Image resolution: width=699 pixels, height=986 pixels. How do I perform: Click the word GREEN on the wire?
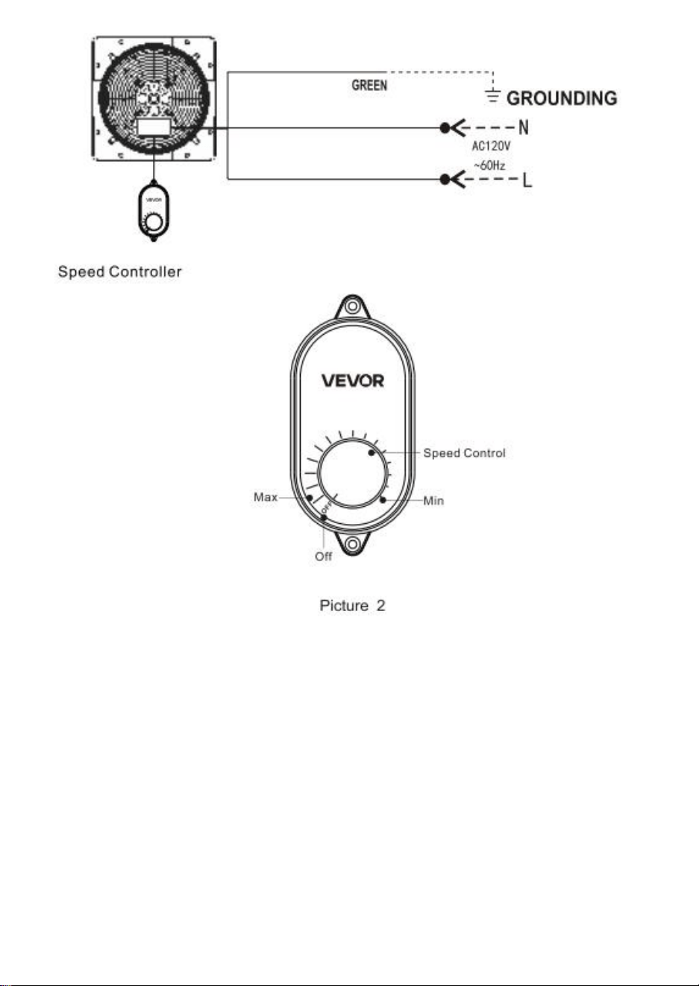pos(369,86)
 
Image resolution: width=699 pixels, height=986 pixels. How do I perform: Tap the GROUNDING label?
pos(562,98)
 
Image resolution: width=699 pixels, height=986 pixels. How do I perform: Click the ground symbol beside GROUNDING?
pos(493,95)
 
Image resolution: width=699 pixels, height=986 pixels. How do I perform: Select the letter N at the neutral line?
pos(524,127)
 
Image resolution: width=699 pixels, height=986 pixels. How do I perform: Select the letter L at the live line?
pos(527,180)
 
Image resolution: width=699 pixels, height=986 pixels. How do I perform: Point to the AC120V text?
pos(491,145)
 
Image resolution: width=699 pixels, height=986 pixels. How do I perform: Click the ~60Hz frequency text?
pos(489,165)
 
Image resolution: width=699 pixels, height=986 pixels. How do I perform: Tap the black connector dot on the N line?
pos(445,128)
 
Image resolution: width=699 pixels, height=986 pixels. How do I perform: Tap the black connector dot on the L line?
pos(445,180)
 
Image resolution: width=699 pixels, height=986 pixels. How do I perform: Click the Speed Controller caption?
pos(120,271)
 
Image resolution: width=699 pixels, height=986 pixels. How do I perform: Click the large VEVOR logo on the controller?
pos(353,380)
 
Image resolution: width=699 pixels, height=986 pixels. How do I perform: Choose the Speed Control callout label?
pos(464,453)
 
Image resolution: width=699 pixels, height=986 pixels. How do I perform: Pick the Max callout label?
pos(266,497)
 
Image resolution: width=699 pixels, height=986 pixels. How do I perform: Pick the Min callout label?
pos(433,501)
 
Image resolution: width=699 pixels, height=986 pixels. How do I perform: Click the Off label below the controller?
pos(323,557)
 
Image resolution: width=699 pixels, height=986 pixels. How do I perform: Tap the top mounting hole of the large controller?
pos(351,306)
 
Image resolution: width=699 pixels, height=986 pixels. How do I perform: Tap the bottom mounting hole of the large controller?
pos(352,545)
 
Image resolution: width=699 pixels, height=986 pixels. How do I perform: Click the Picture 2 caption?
pos(352,606)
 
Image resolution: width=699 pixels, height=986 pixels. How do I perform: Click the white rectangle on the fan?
pos(154,127)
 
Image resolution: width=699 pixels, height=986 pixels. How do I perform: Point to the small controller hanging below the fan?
pos(154,212)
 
